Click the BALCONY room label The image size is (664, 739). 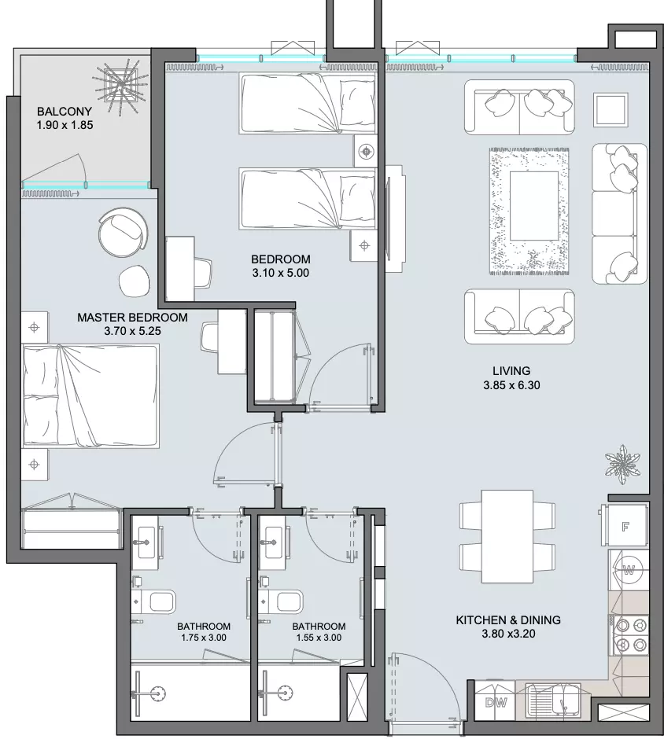point(65,112)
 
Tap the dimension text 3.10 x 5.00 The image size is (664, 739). point(281,273)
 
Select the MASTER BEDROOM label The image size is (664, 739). point(132,317)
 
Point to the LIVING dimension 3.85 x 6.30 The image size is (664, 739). point(511,385)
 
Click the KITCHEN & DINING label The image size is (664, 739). point(508,620)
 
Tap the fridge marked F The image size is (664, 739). point(625,526)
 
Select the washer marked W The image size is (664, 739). point(629,571)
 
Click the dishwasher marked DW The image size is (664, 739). point(495,702)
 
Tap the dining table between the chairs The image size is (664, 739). point(507,536)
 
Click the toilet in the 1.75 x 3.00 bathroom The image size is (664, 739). point(157,602)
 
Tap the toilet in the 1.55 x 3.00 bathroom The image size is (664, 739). point(284,602)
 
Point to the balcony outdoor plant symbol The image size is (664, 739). point(120,86)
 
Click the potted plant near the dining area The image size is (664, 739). point(623,464)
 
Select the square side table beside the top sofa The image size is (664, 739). point(611,108)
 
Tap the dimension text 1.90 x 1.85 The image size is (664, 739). point(65,125)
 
